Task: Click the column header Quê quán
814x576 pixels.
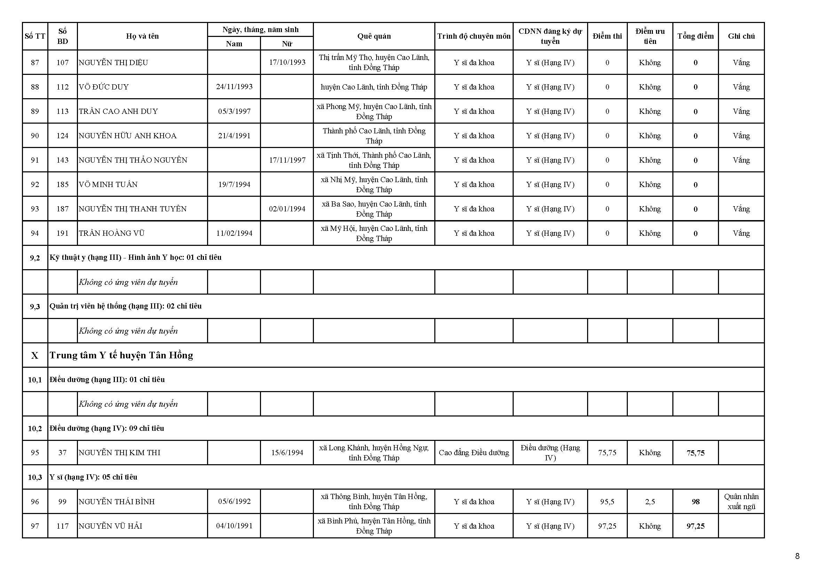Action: point(374,36)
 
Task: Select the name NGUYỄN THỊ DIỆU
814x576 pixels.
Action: point(113,63)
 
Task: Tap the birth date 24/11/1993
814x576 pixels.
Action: point(234,87)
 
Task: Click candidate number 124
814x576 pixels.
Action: point(62,136)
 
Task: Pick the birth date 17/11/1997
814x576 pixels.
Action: point(287,160)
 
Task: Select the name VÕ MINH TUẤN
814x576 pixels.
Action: point(108,185)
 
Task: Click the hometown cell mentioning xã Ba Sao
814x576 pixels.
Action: point(374,209)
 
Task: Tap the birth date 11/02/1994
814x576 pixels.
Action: point(234,233)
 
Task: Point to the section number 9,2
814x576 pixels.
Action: point(35,258)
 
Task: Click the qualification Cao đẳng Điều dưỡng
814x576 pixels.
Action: point(474,453)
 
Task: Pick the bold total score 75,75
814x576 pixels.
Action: point(695,453)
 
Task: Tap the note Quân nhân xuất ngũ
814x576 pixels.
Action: point(741,501)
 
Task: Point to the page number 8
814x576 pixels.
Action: point(797,556)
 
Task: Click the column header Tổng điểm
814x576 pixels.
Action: point(695,36)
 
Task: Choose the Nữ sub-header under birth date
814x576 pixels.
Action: point(287,44)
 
